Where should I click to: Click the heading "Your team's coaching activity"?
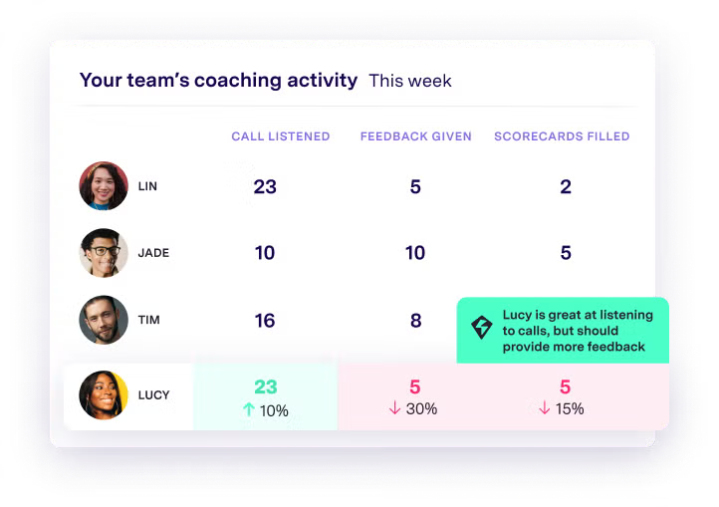(218, 81)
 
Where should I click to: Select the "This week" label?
(409, 81)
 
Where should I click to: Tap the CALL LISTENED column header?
(280, 136)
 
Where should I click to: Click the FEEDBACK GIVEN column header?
(415, 136)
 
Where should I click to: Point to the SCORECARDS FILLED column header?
(562, 136)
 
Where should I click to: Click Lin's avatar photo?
(104, 186)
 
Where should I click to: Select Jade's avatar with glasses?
(104, 253)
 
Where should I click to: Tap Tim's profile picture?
(104, 320)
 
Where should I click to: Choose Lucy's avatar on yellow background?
(104, 394)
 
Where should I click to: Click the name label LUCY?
(153, 395)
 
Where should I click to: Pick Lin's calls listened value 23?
(265, 186)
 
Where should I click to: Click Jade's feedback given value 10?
(415, 253)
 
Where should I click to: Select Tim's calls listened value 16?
(265, 320)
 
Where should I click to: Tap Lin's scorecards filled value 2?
(566, 186)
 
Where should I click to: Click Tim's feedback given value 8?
(415, 320)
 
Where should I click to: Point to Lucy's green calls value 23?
(265, 386)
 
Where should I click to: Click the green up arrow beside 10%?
(249, 409)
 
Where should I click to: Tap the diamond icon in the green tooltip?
(482, 328)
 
